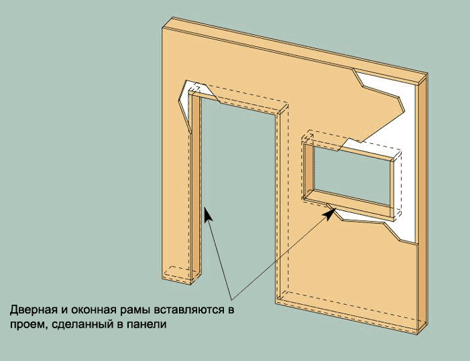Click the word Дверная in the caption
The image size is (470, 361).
coord(33,310)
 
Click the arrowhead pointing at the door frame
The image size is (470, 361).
coord(208,214)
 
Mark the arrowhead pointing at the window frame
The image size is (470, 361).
coord(331,214)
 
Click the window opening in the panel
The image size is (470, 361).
coord(352,175)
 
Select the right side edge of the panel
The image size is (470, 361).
coord(422,204)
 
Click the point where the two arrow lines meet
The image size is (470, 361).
coord(232,299)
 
